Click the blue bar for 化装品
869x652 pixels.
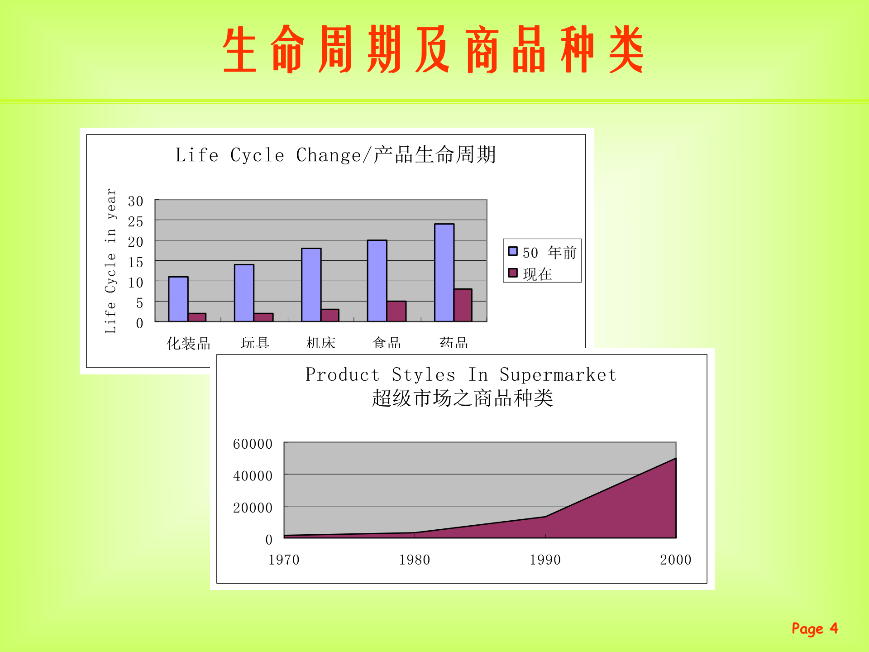(178, 299)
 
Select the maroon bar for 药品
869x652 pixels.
(463, 306)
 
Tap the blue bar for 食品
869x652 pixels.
(377, 281)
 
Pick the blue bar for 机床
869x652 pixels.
(311, 285)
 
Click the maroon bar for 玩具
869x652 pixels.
(263, 317)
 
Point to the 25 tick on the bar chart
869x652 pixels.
(135, 222)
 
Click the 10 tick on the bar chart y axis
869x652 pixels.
(135, 283)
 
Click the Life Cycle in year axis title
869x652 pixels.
(110, 261)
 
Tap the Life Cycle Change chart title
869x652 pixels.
(335, 155)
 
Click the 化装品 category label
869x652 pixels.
(188, 343)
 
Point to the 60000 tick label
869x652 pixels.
(253, 444)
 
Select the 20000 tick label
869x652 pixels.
(253, 508)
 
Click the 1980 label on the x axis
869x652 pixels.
(414, 560)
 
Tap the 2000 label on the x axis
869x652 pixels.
(675, 560)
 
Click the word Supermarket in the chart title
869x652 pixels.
(558, 375)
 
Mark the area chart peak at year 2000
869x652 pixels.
(675, 459)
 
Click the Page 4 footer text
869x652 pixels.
(814, 628)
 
